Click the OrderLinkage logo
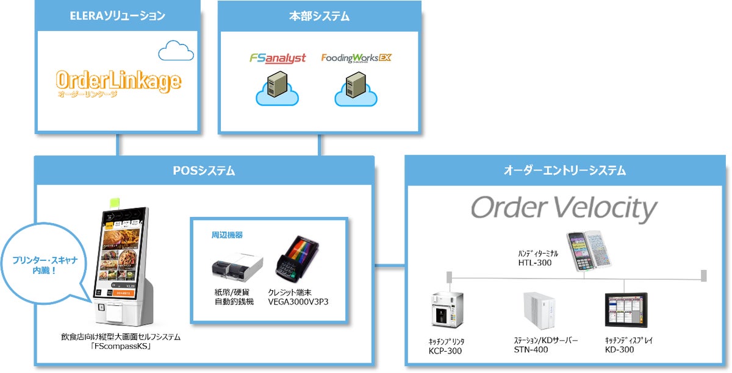tap(118, 82)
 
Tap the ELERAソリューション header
tap(118, 16)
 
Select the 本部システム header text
tap(319, 16)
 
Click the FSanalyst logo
tap(278, 59)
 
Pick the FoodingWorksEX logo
tap(356, 59)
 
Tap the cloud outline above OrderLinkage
tap(176, 51)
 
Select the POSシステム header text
tap(204, 171)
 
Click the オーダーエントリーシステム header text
tap(565, 171)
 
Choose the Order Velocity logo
tap(564, 209)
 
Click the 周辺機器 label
tap(227, 235)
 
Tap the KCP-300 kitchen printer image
tap(447, 310)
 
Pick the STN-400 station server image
tap(539, 311)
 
